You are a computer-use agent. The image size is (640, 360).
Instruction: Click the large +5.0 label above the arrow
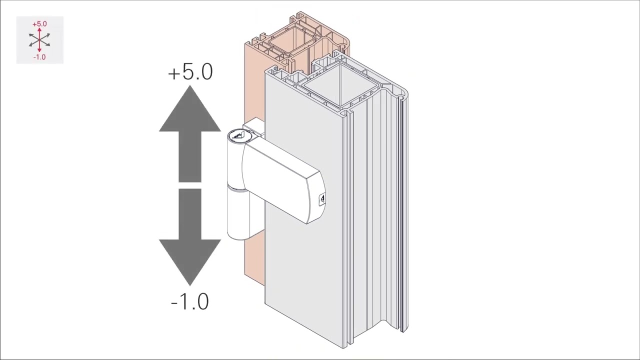190,72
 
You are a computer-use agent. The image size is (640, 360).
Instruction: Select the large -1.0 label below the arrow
190,301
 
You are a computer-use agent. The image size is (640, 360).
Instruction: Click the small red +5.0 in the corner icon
39,24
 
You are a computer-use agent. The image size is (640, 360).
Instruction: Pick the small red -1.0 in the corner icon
39,57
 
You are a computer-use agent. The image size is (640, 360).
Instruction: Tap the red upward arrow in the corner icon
39,33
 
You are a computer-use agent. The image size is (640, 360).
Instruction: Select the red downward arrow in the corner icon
39,47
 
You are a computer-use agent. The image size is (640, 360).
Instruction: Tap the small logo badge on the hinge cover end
322,199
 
